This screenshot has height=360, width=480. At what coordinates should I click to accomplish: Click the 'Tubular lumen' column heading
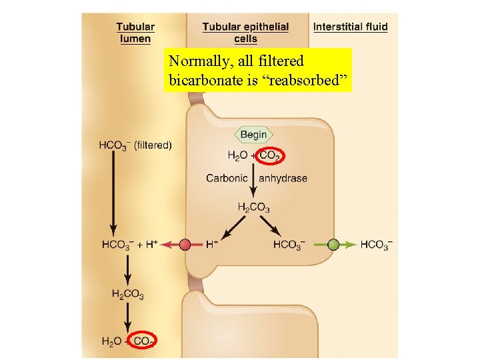135,33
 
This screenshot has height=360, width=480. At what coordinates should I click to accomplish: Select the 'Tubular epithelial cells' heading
245,33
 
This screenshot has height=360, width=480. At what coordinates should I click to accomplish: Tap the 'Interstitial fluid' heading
350,27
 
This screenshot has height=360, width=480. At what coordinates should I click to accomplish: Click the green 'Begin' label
253,135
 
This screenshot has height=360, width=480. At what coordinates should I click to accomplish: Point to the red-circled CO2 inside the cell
270,156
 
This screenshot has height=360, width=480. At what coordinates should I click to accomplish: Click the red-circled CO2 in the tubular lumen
143,341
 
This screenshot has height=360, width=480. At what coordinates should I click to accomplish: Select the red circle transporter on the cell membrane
185,245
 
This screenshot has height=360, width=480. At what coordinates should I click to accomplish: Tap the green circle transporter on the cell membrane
333,245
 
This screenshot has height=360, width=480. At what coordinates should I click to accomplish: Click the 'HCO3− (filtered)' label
135,145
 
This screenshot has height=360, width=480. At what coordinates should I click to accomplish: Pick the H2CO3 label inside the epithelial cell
253,208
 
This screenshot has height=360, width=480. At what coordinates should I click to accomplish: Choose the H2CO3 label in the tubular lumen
127,294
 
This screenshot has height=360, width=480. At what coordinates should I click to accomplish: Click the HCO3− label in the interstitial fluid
376,245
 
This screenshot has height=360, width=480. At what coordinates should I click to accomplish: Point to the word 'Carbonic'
227,178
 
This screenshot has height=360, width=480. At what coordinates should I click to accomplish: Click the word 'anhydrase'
283,178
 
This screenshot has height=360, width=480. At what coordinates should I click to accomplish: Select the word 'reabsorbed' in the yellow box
318,80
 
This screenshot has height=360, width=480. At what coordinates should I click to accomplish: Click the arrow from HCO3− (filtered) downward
113,193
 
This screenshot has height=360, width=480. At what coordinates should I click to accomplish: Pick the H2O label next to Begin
237,156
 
